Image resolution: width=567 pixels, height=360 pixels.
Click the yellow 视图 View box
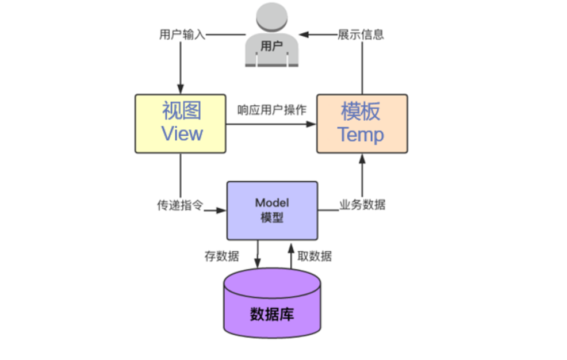coord(181,124)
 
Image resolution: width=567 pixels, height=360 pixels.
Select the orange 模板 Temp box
coord(362,124)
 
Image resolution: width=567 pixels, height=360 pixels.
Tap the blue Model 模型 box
coord(273,210)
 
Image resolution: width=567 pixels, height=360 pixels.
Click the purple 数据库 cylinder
coord(272,303)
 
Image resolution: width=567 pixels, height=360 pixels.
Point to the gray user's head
coord(272,17)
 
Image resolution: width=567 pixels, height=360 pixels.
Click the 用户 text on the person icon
coord(271,46)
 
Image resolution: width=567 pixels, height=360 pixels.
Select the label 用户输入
coord(182,35)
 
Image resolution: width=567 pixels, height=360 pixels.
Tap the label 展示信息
coord(361,35)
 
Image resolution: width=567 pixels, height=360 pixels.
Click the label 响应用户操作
coord(272,110)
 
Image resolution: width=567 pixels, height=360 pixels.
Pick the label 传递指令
coord(180,205)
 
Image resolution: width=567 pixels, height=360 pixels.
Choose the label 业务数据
coord(362,205)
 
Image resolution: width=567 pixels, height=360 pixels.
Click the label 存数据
coord(221,256)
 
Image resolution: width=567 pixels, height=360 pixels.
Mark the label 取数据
coord(315,256)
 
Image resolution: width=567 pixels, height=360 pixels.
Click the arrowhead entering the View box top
coord(181,89)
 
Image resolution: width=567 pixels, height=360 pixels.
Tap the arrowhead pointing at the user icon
coord(304,35)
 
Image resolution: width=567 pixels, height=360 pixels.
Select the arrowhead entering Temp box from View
coord(311,124)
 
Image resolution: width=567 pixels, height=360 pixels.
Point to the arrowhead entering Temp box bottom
coord(362,159)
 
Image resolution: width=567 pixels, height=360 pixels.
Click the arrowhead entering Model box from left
coord(221,210)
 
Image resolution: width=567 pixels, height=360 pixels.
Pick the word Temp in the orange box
coord(361,135)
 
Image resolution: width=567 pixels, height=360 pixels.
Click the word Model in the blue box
coord(272,203)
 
